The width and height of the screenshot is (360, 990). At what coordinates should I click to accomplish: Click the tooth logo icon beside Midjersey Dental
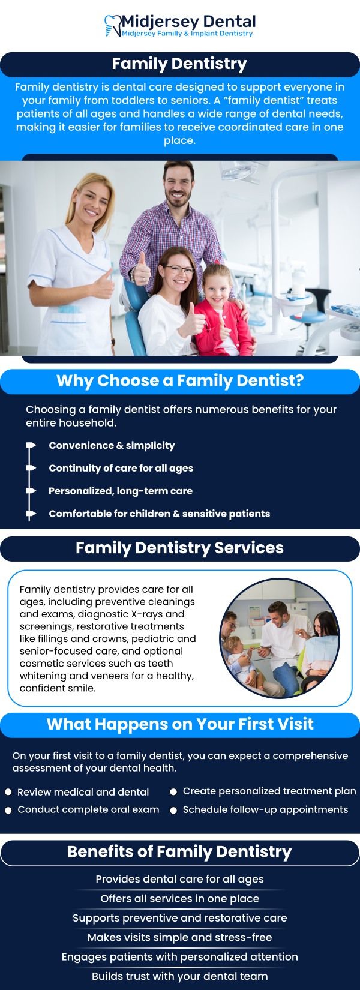[x=112, y=26]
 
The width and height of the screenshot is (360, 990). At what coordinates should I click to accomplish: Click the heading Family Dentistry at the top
[x=179, y=64]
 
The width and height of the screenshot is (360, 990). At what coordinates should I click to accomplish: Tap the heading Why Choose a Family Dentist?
[x=180, y=381]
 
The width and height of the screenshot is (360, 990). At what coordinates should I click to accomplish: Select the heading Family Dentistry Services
[x=179, y=548]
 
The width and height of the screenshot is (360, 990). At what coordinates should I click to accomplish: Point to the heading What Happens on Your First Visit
[x=180, y=724]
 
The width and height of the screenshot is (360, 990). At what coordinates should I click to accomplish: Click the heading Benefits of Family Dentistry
[x=179, y=852]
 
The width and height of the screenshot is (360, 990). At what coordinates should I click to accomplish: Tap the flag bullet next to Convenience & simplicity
[x=31, y=445]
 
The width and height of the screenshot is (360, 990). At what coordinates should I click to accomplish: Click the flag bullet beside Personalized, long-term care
[x=31, y=491]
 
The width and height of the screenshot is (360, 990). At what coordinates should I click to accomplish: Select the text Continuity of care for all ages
[x=121, y=468]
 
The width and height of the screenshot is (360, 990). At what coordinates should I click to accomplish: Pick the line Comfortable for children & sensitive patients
[x=159, y=514]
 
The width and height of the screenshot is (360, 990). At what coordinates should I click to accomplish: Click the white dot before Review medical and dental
[x=8, y=792]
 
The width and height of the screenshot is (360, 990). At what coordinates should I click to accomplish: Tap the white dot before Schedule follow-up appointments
[x=173, y=810]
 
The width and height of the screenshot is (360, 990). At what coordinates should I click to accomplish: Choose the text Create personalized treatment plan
[x=269, y=791]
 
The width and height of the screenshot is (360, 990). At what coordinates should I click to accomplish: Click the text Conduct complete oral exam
[x=88, y=809]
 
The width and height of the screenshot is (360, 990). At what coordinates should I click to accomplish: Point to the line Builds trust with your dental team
[x=179, y=976]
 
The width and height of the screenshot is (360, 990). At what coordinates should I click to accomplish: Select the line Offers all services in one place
[x=179, y=899]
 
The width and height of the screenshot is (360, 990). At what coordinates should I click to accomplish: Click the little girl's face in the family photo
[x=216, y=287]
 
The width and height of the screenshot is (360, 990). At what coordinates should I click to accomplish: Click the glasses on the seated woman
[x=178, y=270]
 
